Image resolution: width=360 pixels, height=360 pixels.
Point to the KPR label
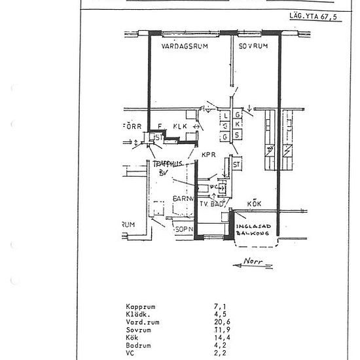coord(209,155)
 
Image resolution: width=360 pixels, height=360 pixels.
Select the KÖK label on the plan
coord(255,204)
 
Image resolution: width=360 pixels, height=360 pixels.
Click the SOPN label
coord(184,230)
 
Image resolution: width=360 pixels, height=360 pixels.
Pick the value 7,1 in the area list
coord(219,306)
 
